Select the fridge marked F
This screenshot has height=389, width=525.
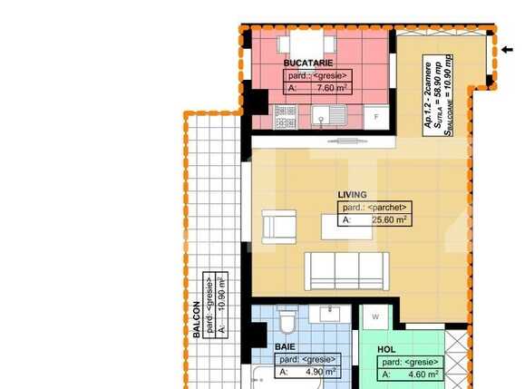[x=374, y=116]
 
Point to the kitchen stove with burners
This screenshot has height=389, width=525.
[x=285, y=117]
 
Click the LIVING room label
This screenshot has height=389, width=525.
[x=352, y=194]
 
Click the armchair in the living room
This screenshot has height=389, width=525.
[x=278, y=226]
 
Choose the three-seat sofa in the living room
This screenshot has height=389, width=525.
[x=346, y=268]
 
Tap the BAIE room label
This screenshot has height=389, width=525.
[x=285, y=346]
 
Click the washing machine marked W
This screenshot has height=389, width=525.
[x=374, y=316]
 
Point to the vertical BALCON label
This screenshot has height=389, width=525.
[x=196, y=319]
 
